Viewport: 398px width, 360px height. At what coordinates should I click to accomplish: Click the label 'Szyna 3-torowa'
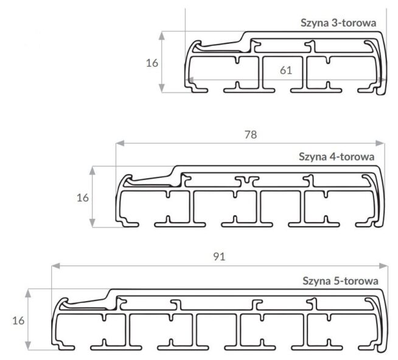coord(338,23)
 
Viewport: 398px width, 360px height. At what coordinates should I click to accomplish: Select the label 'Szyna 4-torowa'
coord(337,156)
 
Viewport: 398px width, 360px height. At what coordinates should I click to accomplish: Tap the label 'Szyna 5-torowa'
coord(340,281)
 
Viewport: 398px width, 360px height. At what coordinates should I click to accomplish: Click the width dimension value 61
coord(286,71)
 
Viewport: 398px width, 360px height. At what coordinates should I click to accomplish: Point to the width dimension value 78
coord(251,135)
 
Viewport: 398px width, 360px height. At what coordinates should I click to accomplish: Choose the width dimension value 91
coord(219,257)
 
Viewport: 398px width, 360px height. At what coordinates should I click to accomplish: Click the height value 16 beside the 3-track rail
coord(152,63)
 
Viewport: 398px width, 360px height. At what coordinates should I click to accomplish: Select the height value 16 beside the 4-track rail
coord(83,198)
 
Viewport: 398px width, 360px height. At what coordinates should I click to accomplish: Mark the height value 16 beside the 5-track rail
coord(18,320)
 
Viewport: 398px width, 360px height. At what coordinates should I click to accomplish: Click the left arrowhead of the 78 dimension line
coord(120,144)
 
